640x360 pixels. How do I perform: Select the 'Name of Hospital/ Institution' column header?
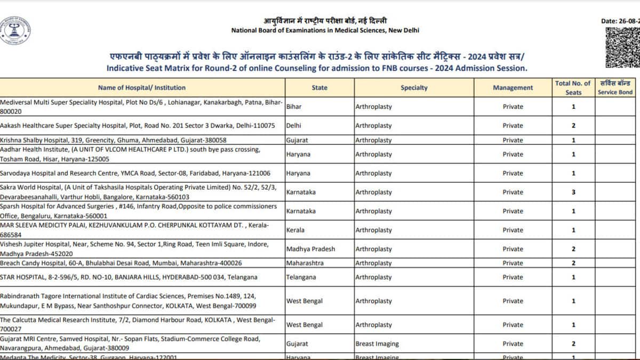(142, 87)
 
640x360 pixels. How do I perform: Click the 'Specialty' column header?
(414, 87)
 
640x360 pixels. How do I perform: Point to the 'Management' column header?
(513, 87)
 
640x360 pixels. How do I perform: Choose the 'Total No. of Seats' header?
(573, 87)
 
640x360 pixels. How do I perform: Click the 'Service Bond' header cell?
(615, 87)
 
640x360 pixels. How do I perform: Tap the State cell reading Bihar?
(294, 107)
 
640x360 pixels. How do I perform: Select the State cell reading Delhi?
(294, 126)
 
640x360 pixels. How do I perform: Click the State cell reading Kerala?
(295, 230)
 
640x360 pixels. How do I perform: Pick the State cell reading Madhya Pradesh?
(310, 249)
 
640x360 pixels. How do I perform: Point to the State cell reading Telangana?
(301, 277)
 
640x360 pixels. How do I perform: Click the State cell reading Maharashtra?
(305, 263)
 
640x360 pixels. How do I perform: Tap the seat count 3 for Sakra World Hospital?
(573, 192)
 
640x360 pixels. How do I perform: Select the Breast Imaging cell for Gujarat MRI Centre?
(377, 344)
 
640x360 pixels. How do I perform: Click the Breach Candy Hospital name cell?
(121, 263)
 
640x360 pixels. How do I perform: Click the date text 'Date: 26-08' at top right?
(619, 21)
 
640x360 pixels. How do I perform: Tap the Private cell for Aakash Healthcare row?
(513, 126)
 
